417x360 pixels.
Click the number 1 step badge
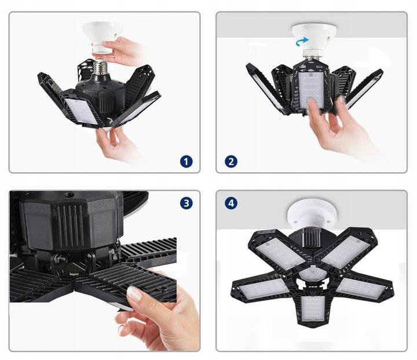click(186, 162)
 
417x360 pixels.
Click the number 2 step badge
click(231, 162)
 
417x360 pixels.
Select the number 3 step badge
click(186, 203)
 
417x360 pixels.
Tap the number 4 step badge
click(231, 203)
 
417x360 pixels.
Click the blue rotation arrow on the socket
click(302, 42)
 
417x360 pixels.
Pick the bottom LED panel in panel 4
click(313, 308)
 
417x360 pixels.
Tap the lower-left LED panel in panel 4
click(264, 289)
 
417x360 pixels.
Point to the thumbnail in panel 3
click(135, 293)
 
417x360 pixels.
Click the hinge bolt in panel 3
click(60, 259)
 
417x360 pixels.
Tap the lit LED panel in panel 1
click(81, 111)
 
